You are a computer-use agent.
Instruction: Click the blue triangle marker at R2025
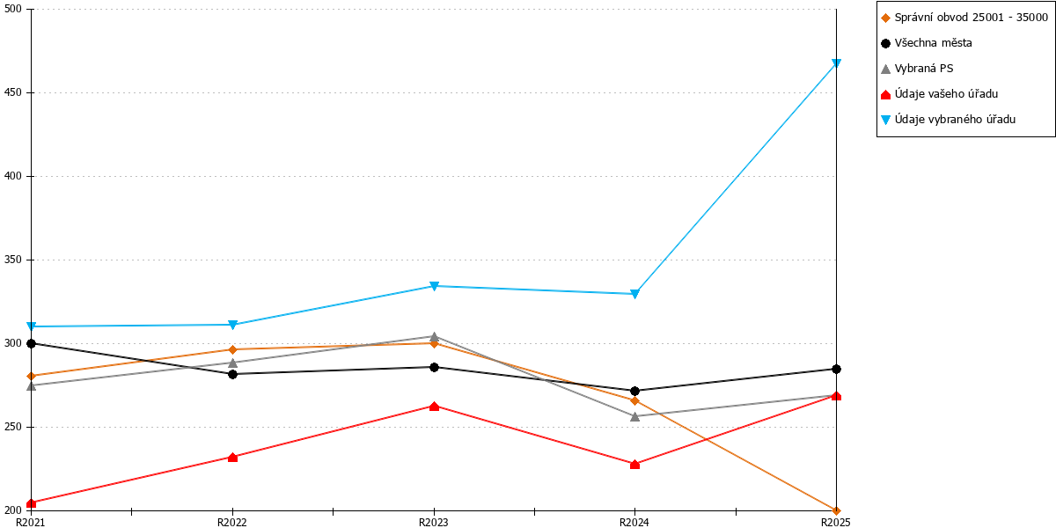[836, 63]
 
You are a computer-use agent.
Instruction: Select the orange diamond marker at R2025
[836, 510]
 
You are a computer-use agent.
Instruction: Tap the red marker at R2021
[31, 503]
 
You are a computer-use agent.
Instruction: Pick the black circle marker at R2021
[31, 344]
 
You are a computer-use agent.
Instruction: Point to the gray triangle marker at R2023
[434, 336]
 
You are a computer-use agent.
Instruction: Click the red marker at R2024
[635, 465]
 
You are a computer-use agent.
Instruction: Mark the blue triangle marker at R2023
[434, 286]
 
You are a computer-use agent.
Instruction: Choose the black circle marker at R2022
[232, 374]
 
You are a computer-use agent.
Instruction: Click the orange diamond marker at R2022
[232, 349]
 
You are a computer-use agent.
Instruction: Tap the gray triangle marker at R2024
[635, 416]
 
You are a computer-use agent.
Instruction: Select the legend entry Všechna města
[927, 43]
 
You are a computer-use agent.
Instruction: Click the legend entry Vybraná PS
[917, 69]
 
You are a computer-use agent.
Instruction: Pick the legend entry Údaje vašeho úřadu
[939, 94]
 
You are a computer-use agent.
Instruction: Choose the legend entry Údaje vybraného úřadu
[948, 120]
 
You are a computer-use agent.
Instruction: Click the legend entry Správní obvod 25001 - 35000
[964, 18]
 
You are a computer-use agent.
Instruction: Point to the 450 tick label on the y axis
[12, 92]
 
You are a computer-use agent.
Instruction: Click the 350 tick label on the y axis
[12, 260]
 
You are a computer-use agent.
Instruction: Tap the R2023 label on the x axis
[434, 523]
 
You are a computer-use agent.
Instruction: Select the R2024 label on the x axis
[634, 523]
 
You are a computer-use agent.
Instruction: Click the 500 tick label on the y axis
[12, 9]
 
